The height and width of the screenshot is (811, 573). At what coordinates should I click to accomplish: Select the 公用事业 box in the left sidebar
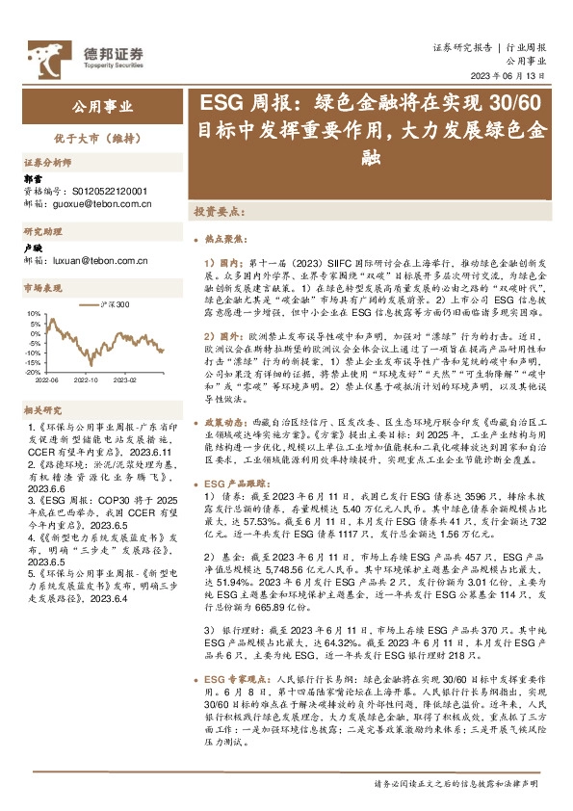103,106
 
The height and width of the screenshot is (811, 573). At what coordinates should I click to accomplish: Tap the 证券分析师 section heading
47,162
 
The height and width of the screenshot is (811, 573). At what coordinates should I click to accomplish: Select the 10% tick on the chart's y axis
34,314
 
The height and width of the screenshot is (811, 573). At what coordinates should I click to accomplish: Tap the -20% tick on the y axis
33,371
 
